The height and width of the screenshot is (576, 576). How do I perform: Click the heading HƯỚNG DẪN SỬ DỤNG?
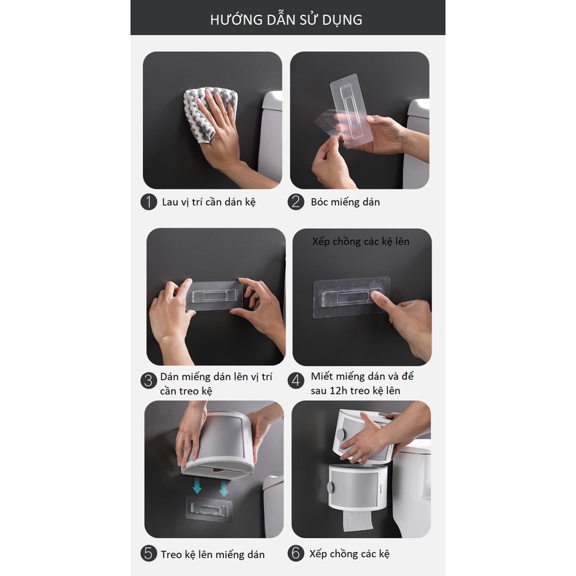287,20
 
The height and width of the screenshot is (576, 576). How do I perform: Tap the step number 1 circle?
149,202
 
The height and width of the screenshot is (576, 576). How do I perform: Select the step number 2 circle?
296,202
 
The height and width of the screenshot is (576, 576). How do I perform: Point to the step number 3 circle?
149,380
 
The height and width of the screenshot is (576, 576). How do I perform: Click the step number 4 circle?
296,380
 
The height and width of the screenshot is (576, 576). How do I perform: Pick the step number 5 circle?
149,553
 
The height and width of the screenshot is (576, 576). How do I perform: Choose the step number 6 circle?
296,553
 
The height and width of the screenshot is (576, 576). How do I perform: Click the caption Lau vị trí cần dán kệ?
209,202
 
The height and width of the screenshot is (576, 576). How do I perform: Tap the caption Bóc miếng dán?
345,202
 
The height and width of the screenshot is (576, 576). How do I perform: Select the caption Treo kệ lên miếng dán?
213,554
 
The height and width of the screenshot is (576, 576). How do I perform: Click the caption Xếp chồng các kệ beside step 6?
350,554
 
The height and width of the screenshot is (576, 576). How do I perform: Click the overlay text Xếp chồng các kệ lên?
361,241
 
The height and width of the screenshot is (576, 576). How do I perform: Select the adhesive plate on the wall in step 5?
210,508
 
